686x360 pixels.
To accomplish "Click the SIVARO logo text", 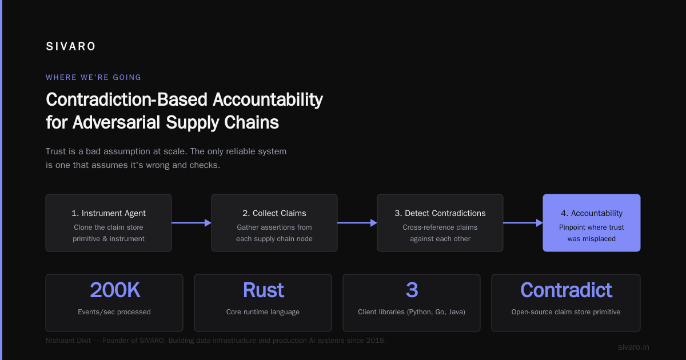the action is click(70, 46).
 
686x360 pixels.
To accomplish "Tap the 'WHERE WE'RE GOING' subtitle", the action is click(93, 78).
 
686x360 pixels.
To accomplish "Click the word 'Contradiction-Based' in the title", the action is click(126, 99).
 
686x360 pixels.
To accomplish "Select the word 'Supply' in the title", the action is click(192, 122).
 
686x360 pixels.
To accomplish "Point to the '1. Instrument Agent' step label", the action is click(109, 213).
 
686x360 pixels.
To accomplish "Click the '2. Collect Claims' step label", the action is click(274, 213).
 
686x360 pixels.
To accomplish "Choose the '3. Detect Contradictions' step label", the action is click(440, 213).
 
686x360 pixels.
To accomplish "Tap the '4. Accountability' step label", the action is click(592, 213).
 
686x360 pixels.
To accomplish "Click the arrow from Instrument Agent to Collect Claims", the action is click(192, 223).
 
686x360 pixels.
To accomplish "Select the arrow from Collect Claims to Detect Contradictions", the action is click(357, 223).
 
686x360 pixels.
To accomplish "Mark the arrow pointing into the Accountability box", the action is click(523, 223).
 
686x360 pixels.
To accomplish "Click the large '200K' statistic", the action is click(115, 290).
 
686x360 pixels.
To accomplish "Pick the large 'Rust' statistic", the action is click(264, 290).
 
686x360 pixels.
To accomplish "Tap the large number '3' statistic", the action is click(412, 290).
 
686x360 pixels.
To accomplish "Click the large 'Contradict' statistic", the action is click(567, 290).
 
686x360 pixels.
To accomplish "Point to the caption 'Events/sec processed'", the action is click(114, 312).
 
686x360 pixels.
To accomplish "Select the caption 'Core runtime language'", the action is click(263, 312).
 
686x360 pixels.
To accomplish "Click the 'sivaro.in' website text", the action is click(633, 347).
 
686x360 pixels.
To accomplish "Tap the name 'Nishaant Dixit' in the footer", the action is click(68, 341).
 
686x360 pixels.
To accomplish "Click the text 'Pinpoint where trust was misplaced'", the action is click(591, 233).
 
